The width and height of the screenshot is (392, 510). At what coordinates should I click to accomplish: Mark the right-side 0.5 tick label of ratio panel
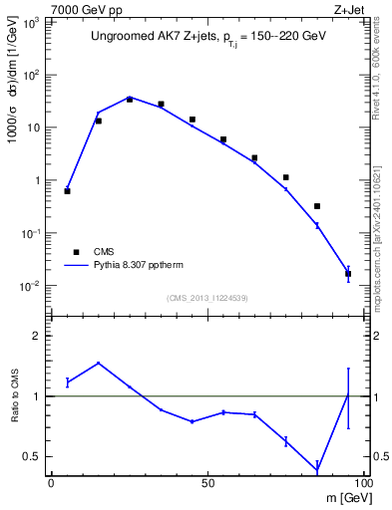click(375, 456)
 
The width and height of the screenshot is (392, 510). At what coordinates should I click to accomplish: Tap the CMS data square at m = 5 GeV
click(67, 190)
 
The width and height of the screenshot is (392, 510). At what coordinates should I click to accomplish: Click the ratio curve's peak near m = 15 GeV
click(98, 363)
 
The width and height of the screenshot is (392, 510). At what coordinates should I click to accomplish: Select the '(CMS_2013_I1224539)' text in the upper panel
click(207, 298)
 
